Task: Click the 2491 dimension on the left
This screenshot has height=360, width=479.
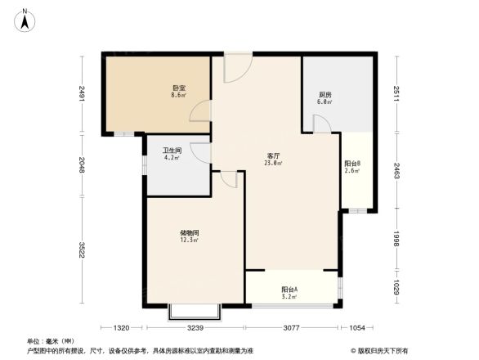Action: pos(82,94)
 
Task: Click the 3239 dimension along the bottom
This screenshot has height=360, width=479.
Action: pos(195,329)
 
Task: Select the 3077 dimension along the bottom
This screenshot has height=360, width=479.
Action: pos(291,329)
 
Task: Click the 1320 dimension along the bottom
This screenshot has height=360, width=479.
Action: pos(123,329)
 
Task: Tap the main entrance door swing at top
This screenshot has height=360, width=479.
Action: pos(237,69)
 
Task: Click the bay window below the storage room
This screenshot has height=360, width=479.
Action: pos(195,312)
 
